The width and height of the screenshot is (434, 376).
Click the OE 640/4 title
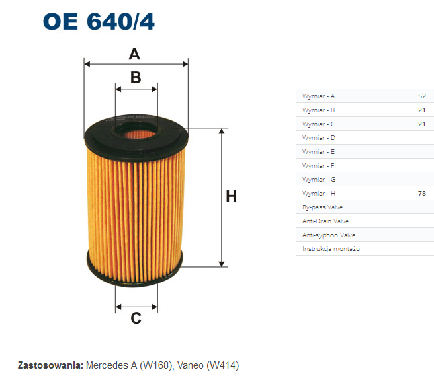click(99, 21)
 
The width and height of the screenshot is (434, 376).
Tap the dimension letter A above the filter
click(134, 54)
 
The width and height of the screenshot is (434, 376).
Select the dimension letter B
click(136, 77)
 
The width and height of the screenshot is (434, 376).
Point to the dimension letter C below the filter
click(136, 319)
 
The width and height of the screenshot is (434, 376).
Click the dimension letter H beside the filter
click(231, 196)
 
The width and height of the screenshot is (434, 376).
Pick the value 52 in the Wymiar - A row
click(422, 96)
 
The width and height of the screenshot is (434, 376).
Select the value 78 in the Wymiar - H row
click(422, 193)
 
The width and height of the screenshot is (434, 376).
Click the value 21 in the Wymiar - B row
click(422, 110)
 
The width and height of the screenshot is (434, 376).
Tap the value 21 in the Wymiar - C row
click(422, 124)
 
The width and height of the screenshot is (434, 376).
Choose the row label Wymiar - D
click(319, 137)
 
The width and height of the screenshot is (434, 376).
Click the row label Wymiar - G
click(319, 180)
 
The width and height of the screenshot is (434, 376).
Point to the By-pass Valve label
click(322, 207)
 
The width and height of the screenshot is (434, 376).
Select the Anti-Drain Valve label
click(325, 221)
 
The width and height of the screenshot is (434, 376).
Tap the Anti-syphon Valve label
click(329, 235)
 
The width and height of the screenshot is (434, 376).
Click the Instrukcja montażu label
click(331, 249)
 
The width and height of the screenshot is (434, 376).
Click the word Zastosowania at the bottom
click(50, 365)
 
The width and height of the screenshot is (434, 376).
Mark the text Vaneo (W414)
click(208, 365)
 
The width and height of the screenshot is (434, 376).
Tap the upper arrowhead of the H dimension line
click(222, 131)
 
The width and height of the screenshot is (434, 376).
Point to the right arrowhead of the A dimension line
click(185, 64)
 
